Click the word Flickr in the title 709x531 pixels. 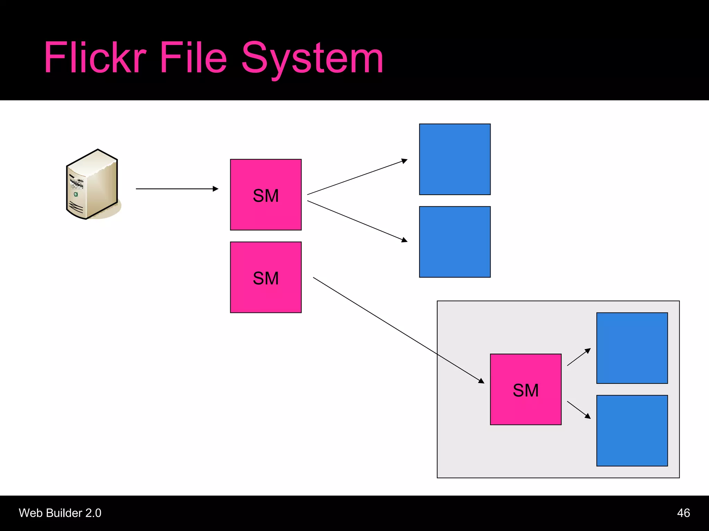tap(95, 58)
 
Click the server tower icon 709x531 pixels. tap(92, 184)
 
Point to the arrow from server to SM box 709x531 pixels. tap(177, 189)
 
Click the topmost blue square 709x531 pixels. tap(455, 159)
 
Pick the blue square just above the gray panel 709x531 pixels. tap(455, 242)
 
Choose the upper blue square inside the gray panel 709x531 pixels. tap(632, 348)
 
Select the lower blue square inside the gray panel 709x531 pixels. tap(632, 430)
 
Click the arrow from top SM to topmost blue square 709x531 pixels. tap(357, 177)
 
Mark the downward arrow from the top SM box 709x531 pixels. tap(357, 221)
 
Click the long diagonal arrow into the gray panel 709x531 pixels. tap(398, 330)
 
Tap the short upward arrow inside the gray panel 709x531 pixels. tap(578, 357)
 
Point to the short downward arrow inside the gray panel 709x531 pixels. tap(578, 410)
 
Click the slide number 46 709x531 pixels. tap(683, 513)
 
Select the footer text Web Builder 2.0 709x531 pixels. tap(60, 513)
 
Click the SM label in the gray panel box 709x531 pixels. tap(526, 390)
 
